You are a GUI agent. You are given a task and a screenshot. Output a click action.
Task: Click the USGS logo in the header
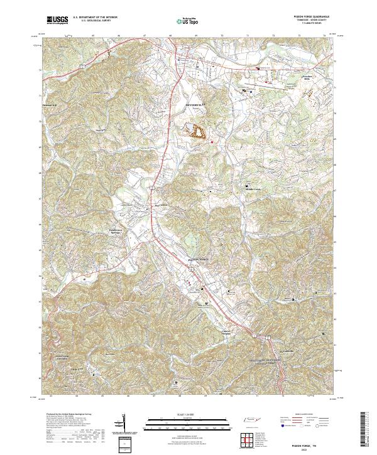pyautogui.click(x=58, y=21)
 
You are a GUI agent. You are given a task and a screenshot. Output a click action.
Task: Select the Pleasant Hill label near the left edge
pyautogui.click(x=49, y=105)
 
